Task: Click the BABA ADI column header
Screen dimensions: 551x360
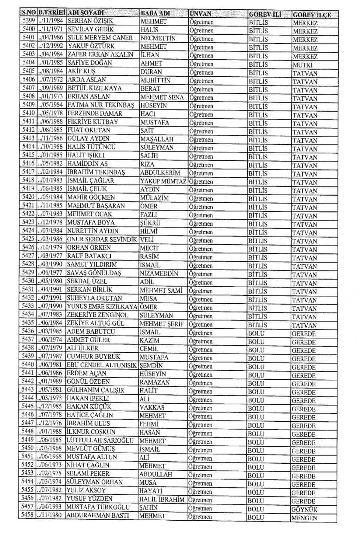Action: pos(155,13)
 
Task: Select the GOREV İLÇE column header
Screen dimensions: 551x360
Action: pos(312,15)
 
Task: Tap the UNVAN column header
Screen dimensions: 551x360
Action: pos(201,14)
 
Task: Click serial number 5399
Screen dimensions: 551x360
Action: pos(28,21)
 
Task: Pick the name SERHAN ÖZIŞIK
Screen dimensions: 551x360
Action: pos(90,21)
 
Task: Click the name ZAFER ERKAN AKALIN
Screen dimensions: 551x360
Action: pos(100,54)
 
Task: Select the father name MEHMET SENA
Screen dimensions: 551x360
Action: pos(162,97)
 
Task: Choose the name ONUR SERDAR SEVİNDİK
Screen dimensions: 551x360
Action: pos(102,239)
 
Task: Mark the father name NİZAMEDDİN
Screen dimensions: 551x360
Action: pos(159,274)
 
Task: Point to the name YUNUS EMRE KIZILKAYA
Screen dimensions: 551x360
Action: pos(102,306)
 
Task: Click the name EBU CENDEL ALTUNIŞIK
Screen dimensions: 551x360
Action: pos(102,365)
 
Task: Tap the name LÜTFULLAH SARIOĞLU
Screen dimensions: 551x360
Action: pos(100,440)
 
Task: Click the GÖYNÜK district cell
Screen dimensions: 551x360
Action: pos(304,510)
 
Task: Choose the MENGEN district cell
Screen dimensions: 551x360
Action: pos(304,518)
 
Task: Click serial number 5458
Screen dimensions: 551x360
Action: pos(27,515)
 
